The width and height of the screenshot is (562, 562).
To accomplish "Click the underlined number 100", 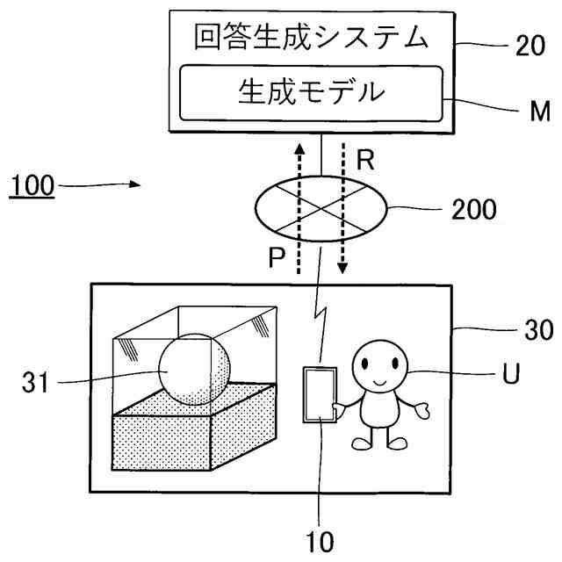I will point(31,186).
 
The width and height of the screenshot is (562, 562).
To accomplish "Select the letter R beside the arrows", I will point(366,160).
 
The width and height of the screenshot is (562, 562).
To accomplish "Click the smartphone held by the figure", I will point(318,395).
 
